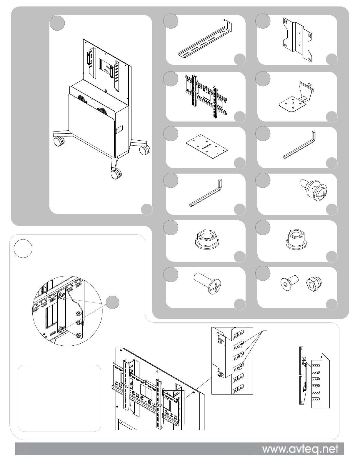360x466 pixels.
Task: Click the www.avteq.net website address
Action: [x=300, y=449]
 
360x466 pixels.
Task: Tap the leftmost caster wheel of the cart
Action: [x=58, y=142]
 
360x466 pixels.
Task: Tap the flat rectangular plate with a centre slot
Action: [x=206, y=147]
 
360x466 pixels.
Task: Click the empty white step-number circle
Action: [x=23, y=249]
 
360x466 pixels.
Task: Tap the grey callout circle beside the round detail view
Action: [x=113, y=302]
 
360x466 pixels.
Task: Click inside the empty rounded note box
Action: [x=59, y=398]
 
